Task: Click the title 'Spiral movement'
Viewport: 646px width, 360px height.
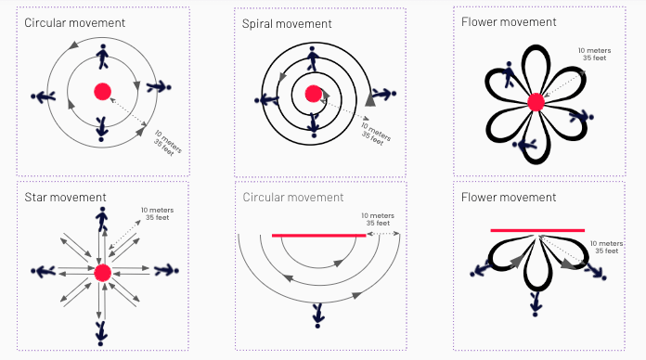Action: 287,24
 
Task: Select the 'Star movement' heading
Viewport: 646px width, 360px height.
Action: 65,197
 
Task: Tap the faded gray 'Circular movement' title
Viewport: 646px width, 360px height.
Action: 293,197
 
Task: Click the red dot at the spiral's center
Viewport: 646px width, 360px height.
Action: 314,94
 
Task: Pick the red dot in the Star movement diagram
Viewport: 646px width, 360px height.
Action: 103,273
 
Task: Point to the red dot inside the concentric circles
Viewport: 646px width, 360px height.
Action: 103,92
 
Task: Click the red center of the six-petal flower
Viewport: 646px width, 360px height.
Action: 536,102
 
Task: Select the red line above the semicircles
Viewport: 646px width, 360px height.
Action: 319,235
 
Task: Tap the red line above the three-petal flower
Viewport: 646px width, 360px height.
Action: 537,230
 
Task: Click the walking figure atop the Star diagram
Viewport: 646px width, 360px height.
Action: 102,219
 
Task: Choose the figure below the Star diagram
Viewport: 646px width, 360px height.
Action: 100,334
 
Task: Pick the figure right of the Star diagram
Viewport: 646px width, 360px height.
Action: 166,270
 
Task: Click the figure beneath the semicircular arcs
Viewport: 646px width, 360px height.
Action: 317,315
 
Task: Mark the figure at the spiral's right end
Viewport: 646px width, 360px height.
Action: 384,94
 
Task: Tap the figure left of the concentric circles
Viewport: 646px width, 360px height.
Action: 44,96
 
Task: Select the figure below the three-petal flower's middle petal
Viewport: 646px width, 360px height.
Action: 536,304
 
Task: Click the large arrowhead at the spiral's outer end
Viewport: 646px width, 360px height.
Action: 370,100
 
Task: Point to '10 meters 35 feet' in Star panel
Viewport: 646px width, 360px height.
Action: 158,213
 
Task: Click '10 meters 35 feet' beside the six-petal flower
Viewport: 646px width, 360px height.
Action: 595,54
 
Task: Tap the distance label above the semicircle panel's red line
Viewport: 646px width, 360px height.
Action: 378,219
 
